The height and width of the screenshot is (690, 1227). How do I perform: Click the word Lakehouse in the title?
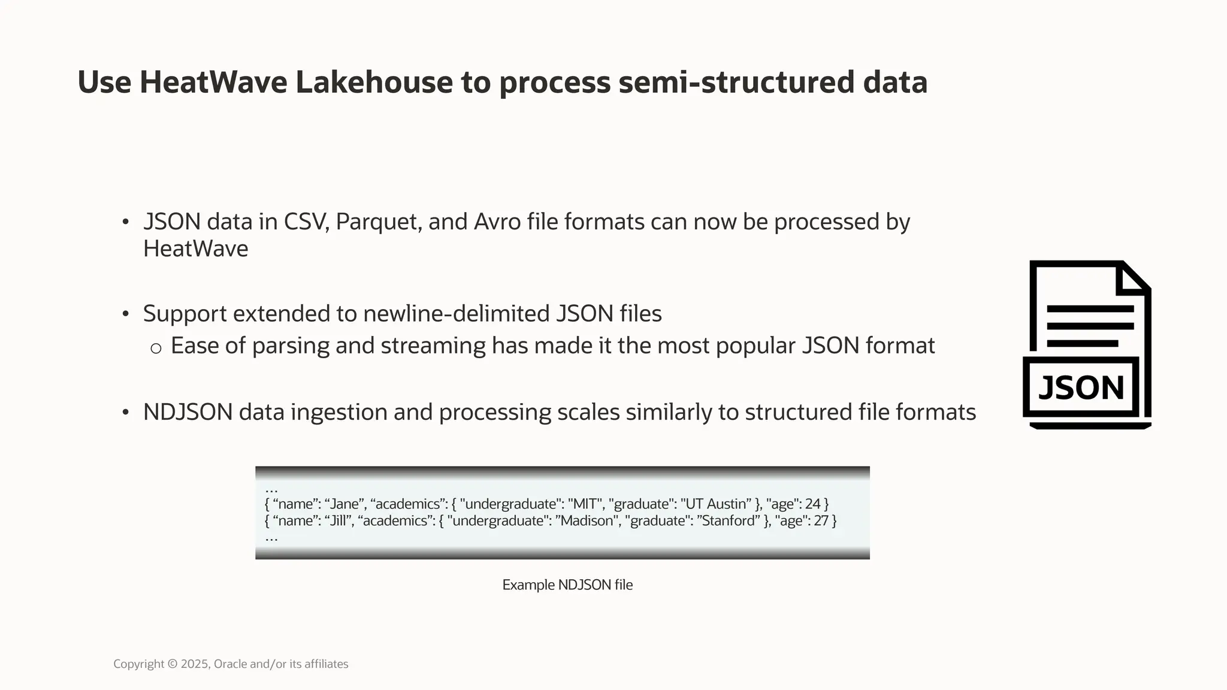point(374,83)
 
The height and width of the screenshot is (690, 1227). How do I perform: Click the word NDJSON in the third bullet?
point(188,413)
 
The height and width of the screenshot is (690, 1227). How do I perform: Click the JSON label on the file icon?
point(1081,388)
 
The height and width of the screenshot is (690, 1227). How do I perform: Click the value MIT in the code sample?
point(585,504)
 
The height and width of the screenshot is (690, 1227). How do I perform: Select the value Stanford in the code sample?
point(728,521)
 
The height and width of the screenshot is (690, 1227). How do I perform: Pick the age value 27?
point(821,521)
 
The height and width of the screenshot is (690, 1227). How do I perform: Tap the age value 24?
point(813,504)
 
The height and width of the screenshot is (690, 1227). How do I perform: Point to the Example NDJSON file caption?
point(567,585)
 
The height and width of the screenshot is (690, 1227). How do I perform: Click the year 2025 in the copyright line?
point(194,664)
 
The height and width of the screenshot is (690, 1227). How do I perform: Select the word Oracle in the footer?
point(230,664)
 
